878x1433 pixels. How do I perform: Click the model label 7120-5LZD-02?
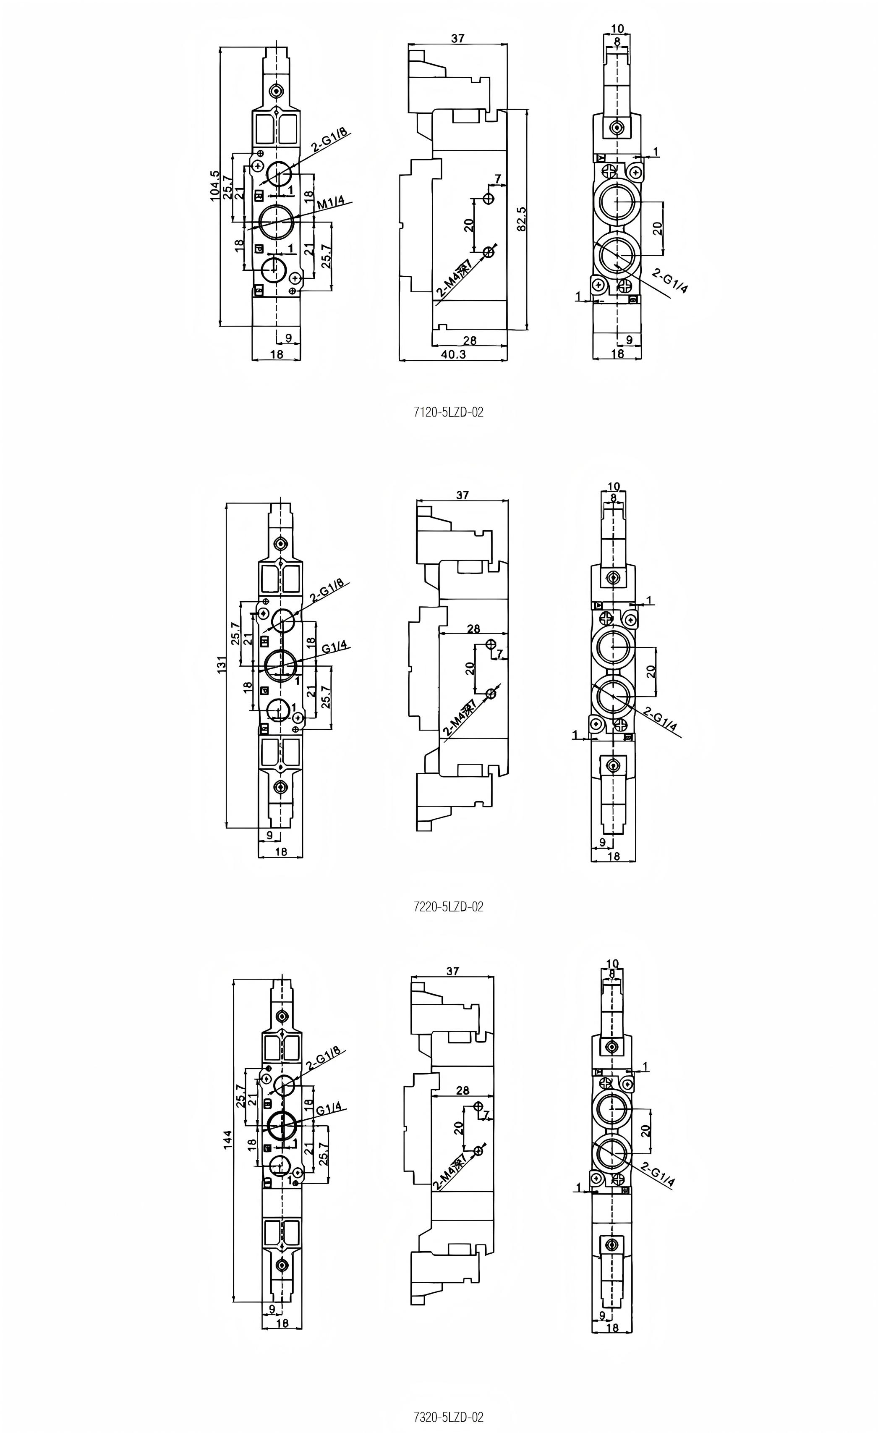pyautogui.click(x=448, y=412)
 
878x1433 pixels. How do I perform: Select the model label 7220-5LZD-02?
pyautogui.click(x=448, y=906)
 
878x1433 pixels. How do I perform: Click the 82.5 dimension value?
pyautogui.click(x=522, y=219)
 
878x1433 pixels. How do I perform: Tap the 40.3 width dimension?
pyautogui.click(x=453, y=354)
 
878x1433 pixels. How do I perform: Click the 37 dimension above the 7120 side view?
pyautogui.click(x=457, y=38)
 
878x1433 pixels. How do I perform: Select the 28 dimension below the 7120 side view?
pyautogui.click(x=469, y=340)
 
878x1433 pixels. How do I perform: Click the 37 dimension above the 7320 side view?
pyautogui.click(x=452, y=971)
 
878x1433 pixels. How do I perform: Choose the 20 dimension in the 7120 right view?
pyautogui.click(x=658, y=228)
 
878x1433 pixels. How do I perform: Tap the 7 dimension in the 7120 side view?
pyautogui.click(x=497, y=178)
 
